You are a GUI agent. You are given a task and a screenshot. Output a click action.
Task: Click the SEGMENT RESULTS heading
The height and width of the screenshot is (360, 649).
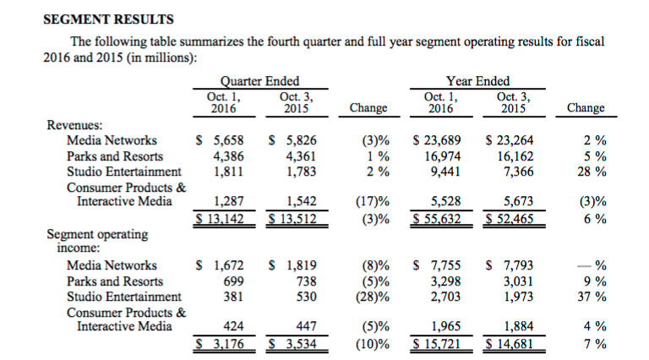(108, 19)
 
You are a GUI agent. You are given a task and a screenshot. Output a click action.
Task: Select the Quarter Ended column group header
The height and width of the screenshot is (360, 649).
(259, 80)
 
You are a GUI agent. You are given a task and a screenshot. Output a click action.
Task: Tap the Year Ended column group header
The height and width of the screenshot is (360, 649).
(477, 80)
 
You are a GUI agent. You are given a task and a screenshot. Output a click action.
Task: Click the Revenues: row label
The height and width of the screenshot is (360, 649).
(74, 124)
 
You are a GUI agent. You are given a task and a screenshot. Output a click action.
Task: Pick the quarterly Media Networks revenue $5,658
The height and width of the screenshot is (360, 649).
(220, 140)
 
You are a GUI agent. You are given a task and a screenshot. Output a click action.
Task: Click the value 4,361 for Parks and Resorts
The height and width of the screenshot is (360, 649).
(301, 156)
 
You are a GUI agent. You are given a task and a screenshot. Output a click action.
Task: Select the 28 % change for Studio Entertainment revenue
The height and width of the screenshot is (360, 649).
(592, 172)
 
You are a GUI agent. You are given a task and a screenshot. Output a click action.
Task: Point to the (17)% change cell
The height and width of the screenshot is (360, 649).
(373, 201)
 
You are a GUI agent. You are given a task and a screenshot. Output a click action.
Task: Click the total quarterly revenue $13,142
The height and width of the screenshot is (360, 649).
(220, 219)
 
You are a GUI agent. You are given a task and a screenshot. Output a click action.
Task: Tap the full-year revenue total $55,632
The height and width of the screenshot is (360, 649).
(437, 219)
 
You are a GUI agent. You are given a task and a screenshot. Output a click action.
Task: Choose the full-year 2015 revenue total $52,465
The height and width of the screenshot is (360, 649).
(510, 219)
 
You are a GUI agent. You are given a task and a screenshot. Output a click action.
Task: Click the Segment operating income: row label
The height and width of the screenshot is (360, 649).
(97, 241)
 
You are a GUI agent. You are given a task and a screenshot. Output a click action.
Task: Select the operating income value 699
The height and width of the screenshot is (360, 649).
(233, 281)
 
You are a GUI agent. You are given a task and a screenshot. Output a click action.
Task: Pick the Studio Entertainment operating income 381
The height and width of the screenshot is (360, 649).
(233, 297)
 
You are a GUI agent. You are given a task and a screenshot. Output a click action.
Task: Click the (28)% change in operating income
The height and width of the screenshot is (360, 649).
(373, 297)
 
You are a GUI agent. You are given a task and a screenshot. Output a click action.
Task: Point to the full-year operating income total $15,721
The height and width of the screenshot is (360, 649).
(437, 343)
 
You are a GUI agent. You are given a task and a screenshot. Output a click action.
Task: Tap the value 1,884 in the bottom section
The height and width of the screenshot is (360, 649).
(518, 326)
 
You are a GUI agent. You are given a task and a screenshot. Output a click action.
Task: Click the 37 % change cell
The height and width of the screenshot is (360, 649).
(592, 297)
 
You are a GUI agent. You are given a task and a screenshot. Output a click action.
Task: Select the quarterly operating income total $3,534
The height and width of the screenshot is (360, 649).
(292, 343)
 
